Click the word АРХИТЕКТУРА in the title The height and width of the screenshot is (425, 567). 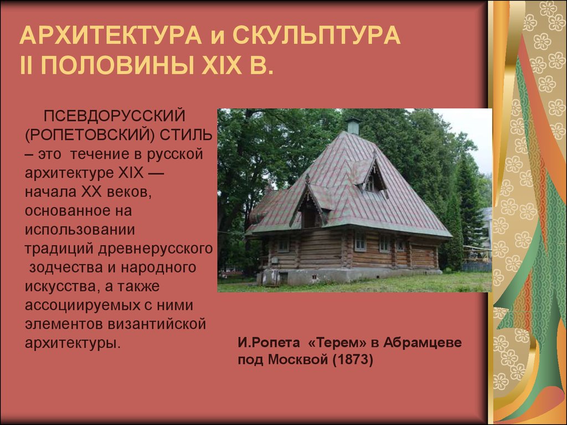(x=111, y=35)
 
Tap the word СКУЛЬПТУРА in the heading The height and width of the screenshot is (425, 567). (x=316, y=35)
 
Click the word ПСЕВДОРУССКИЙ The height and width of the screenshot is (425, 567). (x=114, y=116)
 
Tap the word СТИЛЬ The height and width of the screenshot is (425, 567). (x=186, y=135)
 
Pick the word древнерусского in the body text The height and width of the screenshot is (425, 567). (x=155, y=249)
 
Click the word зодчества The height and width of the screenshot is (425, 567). (x=73, y=268)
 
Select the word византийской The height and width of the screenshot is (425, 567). (x=157, y=324)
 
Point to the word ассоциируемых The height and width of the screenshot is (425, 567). (x=83, y=305)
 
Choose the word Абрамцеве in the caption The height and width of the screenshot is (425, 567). (x=422, y=342)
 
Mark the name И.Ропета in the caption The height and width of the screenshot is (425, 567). (x=269, y=342)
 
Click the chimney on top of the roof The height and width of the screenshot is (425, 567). (x=353, y=126)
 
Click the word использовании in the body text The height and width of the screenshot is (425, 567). (x=80, y=230)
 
